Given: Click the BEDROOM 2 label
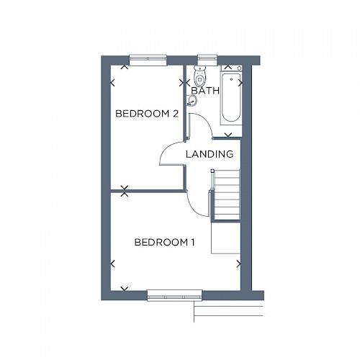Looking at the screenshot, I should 147,114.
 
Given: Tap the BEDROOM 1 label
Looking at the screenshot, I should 165,242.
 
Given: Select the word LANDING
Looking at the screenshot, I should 210,154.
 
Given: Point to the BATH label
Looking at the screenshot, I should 205,91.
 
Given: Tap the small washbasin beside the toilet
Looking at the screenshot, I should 192,102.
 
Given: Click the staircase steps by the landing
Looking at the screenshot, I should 228,194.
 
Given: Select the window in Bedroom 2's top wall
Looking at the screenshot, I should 148,59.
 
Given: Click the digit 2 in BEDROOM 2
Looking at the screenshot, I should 174,114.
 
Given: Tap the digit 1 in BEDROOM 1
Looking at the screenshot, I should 192,242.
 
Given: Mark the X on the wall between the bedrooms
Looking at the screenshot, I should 125,191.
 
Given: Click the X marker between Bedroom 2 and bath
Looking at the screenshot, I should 183,81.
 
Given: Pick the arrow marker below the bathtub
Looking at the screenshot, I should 228,135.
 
